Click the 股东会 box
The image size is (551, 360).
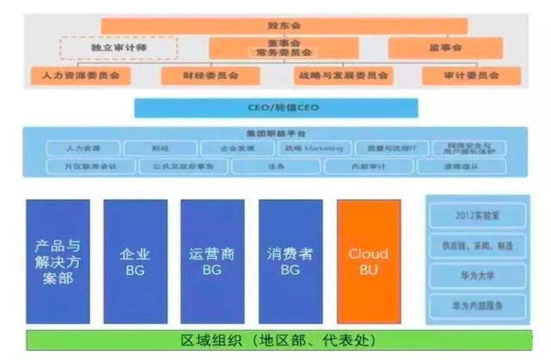click(x=284, y=26)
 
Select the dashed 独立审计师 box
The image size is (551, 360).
click(x=119, y=48)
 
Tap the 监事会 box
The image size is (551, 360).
click(x=445, y=48)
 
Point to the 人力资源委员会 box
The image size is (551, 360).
click(x=81, y=76)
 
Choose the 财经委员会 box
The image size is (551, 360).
click(x=210, y=76)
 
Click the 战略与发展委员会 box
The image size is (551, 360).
click(x=343, y=76)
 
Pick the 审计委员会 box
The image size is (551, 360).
click(x=471, y=76)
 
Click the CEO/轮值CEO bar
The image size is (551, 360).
click(x=276, y=108)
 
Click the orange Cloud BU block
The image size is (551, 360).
click(x=368, y=261)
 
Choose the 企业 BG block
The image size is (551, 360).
click(x=135, y=261)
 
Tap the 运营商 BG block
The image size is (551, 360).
click(x=212, y=261)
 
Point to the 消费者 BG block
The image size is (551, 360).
click(x=290, y=261)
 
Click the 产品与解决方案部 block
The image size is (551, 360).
click(x=58, y=261)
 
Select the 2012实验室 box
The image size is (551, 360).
click(x=478, y=215)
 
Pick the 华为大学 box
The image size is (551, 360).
click(x=478, y=276)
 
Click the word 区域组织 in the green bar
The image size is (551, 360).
click(x=210, y=341)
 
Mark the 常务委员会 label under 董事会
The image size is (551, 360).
click(x=284, y=53)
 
